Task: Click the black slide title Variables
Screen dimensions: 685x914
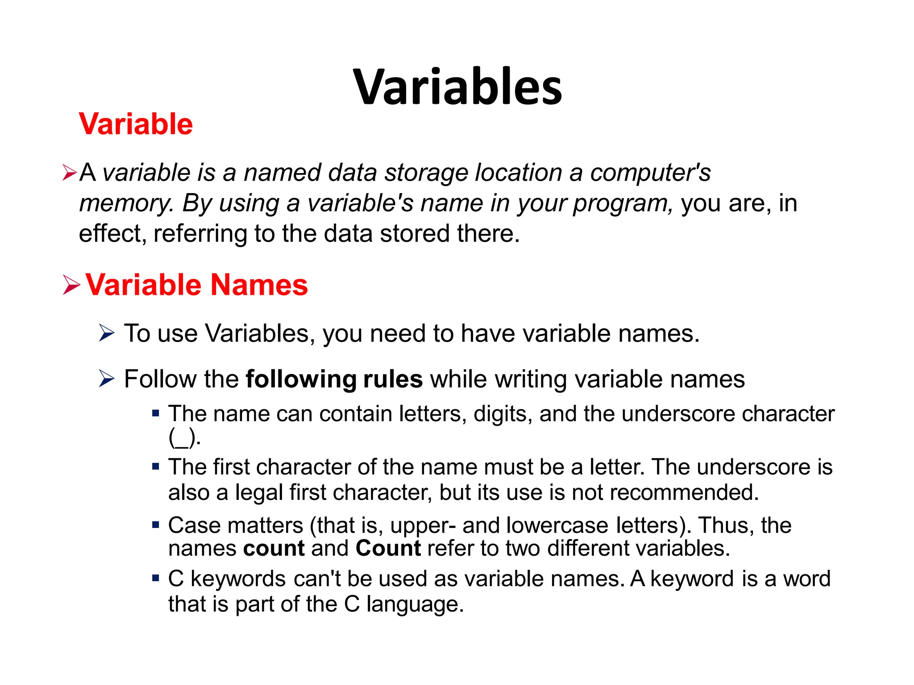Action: pyautogui.click(x=457, y=87)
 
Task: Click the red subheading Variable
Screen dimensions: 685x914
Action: pyautogui.click(x=136, y=124)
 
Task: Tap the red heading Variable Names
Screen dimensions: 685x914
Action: pyautogui.click(x=196, y=285)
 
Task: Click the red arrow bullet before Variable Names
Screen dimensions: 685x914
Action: pyautogui.click(x=71, y=285)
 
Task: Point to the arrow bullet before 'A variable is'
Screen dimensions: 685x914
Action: pyautogui.click(x=70, y=173)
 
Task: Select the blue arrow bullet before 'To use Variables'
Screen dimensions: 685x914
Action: pyautogui.click(x=107, y=333)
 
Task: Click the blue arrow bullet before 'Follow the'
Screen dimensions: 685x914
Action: pyautogui.click(x=107, y=379)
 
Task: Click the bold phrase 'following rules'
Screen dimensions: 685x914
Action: pyautogui.click(x=334, y=379)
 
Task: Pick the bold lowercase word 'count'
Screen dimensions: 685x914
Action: pyautogui.click(x=274, y=548)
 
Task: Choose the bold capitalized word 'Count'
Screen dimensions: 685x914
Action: pyautogui.click(x=388, y=548)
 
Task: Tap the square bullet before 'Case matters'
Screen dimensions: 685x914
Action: pyautogui.click(x=156, y=525)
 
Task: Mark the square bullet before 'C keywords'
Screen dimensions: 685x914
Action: pyautogui.click(x=156, y=578)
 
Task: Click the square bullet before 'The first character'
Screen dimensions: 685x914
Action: pyautogui.click(x=156, y=467)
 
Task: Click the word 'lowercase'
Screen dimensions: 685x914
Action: pyautogui.click(x=557, y=525)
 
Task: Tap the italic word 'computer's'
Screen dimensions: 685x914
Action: pyautogui.click(x=650, y=173)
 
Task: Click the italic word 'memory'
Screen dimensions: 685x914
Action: pyautogui.click(x=125, y=204)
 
